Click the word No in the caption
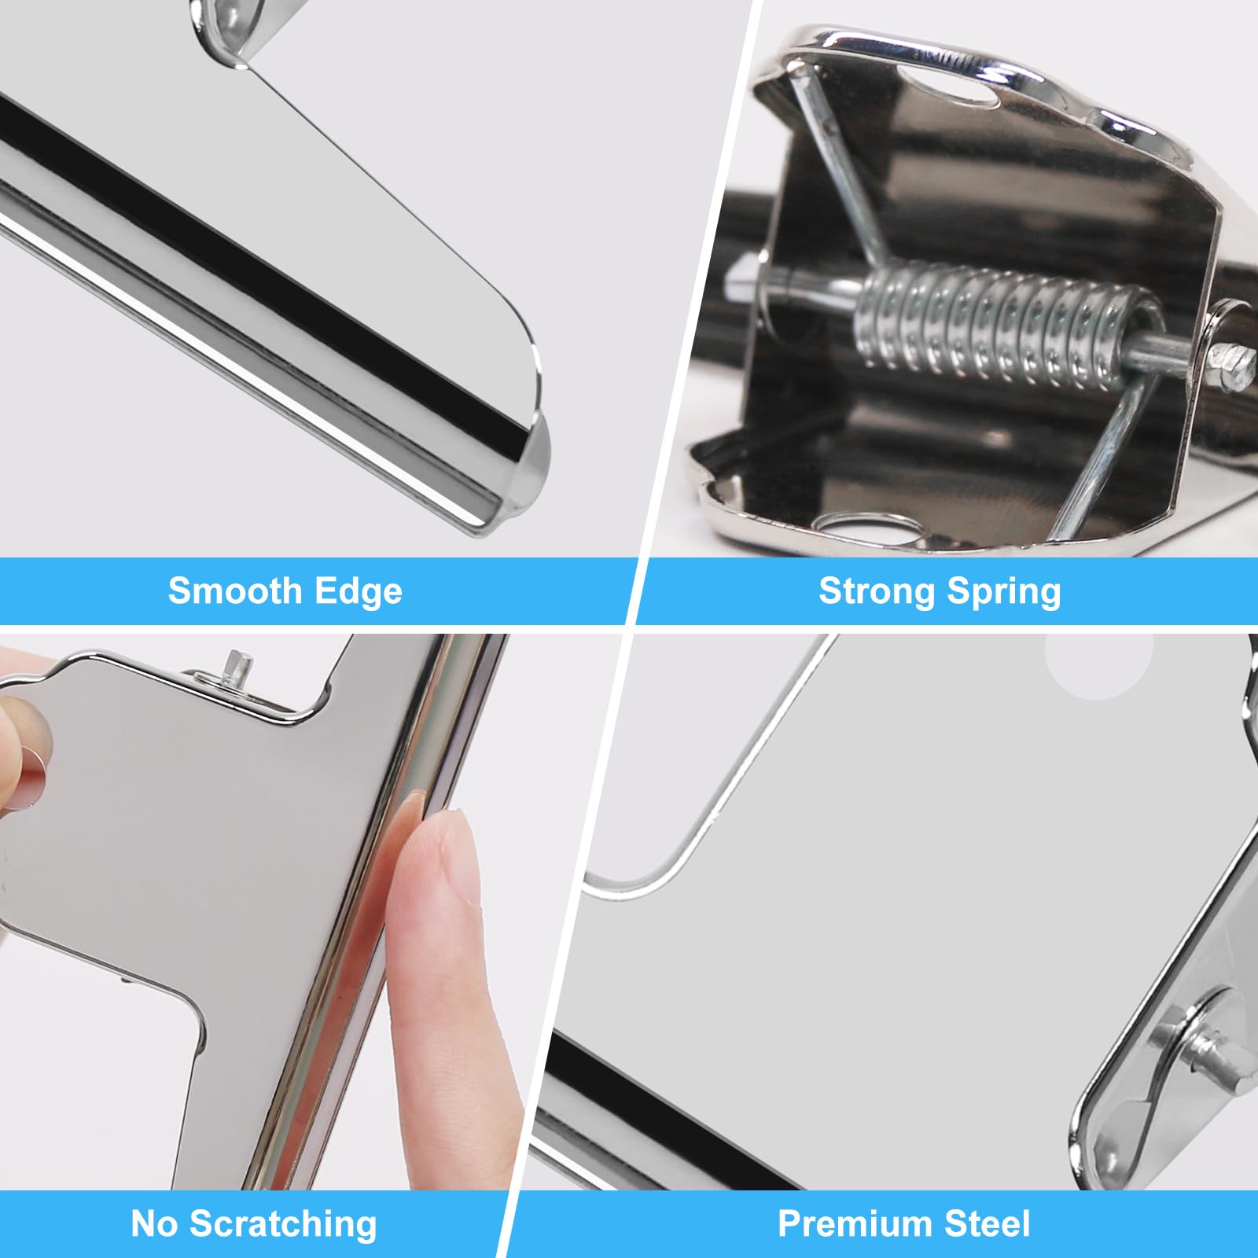point(154,1223)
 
